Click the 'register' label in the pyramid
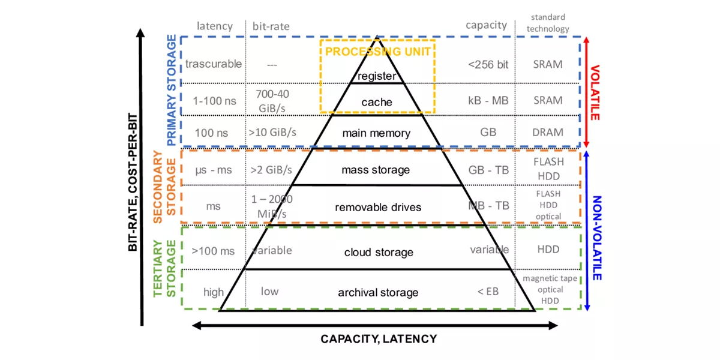coord(377,76)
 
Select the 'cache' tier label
coord(377,103)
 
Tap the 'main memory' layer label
coord(377,133)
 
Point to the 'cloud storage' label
coord(378,252)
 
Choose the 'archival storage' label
coord(378,292)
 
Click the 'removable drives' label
coord(378,207)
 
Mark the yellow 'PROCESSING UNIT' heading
coord(378,52)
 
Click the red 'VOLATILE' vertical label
coord(595,92)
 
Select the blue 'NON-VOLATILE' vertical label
coord(596,238)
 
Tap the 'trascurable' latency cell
coord(214,64)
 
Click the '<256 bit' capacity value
coord(488,64)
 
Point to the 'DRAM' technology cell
coord(548,132)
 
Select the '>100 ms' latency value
coord(213,250)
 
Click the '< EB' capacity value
coord(488,292)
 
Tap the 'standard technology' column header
coord(548,23)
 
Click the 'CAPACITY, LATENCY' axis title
coord(379,339)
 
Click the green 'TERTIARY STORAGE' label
coord(164,268)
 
